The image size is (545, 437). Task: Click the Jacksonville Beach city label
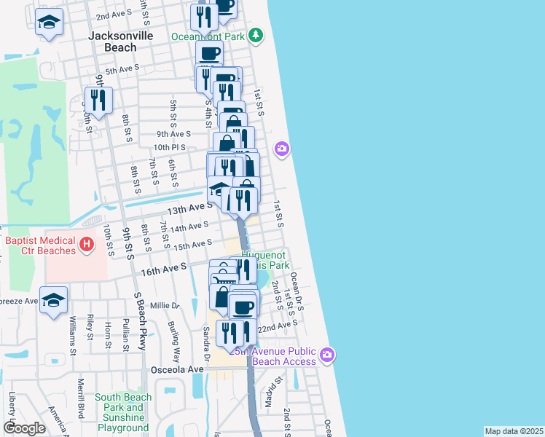(112, 41)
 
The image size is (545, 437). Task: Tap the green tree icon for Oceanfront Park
(256, 35)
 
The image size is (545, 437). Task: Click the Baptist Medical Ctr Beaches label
(40, 245)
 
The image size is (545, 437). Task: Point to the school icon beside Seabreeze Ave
(54, 300)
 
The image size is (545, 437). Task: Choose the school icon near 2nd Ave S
(50, 23)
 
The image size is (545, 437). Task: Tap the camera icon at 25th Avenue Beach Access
(327, 355)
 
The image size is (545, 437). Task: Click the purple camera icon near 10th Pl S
(282, 149)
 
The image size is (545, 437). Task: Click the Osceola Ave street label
(176, 369)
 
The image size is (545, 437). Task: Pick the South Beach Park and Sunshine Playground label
(123, 412)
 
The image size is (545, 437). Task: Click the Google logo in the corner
(24, 428)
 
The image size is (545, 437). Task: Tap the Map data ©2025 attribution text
(513, 431)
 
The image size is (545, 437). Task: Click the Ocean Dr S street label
(297, 291)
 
